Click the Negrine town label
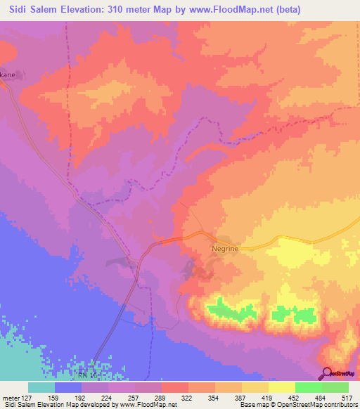coord(225,248)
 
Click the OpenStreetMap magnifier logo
coord(326,373)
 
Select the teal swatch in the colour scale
coord(41,387)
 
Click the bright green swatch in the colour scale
coord(308,387)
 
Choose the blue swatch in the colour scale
coord(67,387)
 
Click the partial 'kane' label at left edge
coord(8,72)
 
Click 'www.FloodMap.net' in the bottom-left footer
coord(147,404)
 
